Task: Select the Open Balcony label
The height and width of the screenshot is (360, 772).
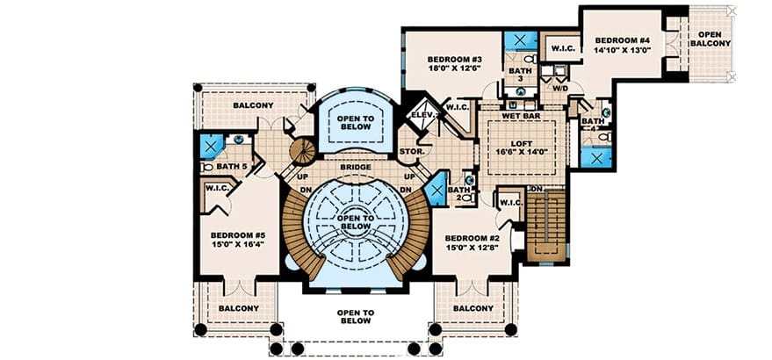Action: coord(710,39)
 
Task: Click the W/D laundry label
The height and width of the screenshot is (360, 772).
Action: coord(559,89)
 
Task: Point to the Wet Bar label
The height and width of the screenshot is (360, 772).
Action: coord(522,116)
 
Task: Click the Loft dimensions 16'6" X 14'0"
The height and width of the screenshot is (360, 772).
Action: coord(522,152)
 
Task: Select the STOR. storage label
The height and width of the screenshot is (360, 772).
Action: coord(412,152)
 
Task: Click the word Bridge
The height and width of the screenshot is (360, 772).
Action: coord(356,167)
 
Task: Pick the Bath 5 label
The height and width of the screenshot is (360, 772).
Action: coord(231,167)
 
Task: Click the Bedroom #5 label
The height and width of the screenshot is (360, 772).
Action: coord(238,235)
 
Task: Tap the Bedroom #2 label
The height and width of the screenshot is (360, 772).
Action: coord(473,238)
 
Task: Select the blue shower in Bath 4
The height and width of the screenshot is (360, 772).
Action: coord(596,157)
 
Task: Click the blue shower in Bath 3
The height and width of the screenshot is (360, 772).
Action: coord(521,41)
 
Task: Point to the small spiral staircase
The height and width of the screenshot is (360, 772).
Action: coord(302,151)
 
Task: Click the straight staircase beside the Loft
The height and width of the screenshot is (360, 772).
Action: coord(545,225)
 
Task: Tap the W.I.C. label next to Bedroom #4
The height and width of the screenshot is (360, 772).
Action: coord(560,48)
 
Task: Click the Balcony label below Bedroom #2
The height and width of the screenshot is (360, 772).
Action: coord(473,308)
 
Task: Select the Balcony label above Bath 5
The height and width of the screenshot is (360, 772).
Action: coord(253,105)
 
